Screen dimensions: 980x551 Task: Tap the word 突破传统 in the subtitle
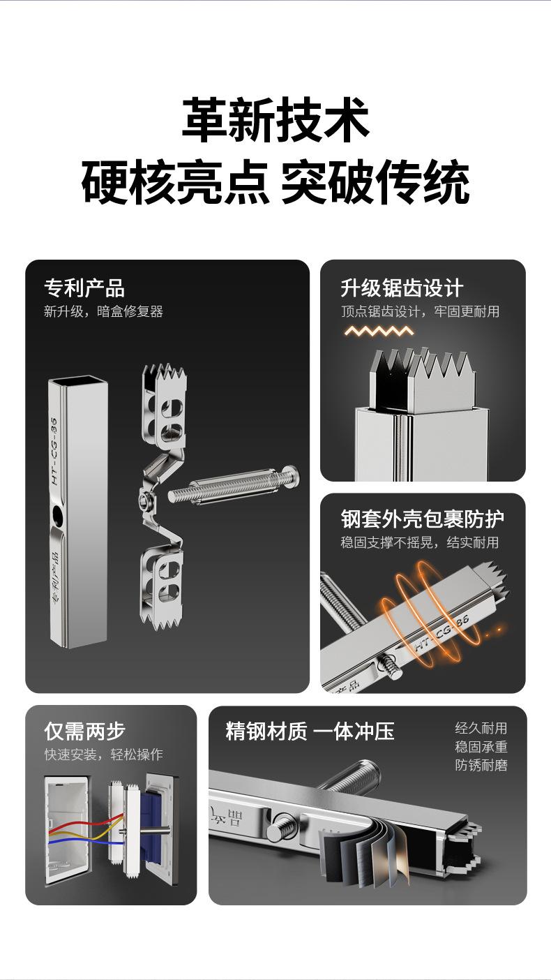click(x=375, y=183)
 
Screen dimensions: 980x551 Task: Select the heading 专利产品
click(x=84, y=288)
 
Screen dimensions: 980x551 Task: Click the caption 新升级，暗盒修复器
click(x=103, y=311)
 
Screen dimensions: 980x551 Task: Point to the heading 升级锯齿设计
click(x=402, y=288)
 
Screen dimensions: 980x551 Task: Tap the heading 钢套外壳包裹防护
click(x=423, y=519)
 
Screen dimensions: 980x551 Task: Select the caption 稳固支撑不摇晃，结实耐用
click(x=420, y=542)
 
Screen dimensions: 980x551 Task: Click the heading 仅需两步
click(x=84, y=731)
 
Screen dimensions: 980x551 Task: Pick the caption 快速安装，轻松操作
click(x=103, y=755)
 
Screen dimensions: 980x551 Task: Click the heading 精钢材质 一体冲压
click(x=310, y=731)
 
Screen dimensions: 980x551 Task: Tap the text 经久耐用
click(x=481, y=729)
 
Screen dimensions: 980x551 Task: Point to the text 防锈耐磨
click(x=481, y=765)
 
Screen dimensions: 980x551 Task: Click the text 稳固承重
click(x=481, y=747)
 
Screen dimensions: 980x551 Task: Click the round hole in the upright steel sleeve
click(x=56, y=517)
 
